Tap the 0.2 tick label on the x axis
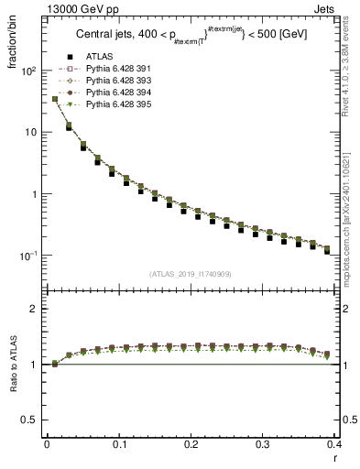(x=191, y=444)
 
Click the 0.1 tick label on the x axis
(x=118, y=444)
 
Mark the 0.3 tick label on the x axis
(x=263, y=444)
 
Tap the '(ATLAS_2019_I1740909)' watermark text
(x=190, y=274)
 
